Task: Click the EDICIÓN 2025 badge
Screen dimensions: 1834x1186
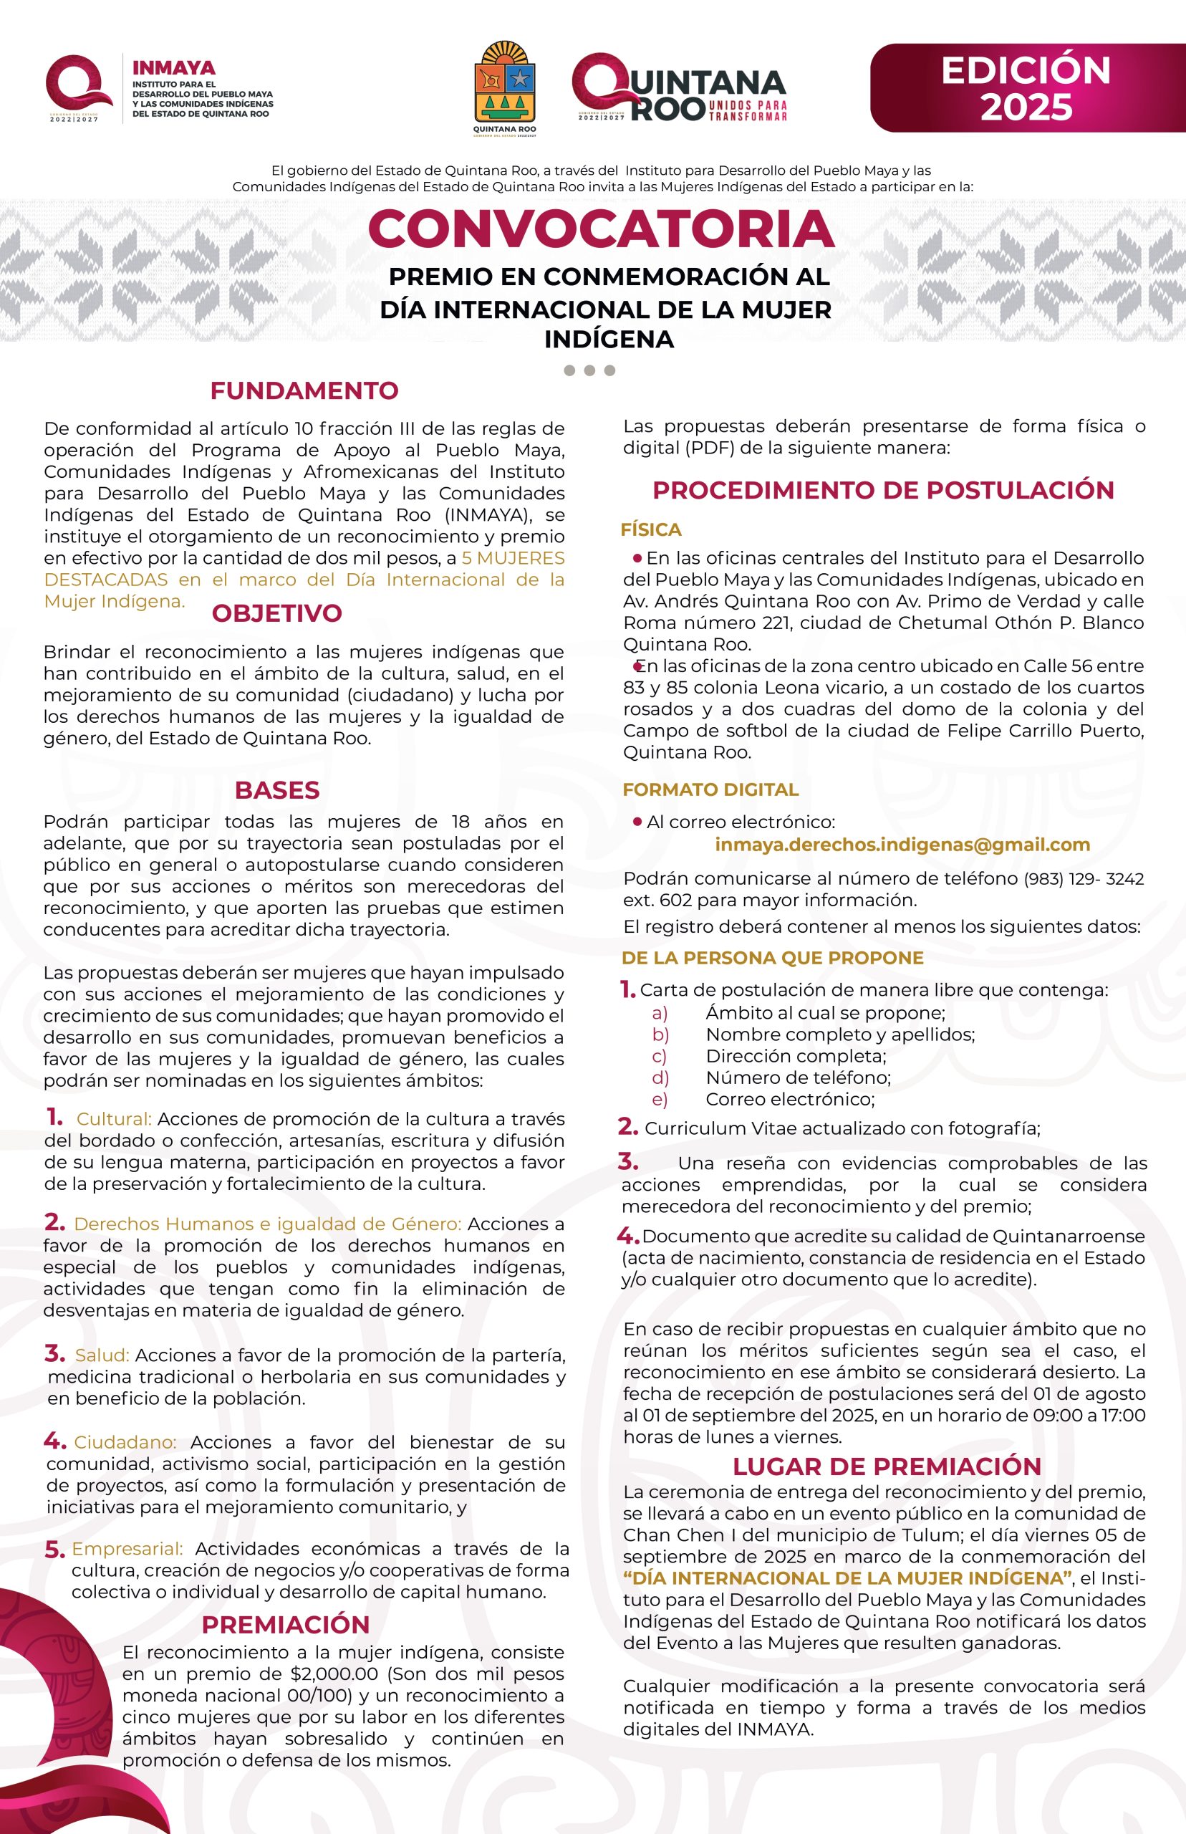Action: pyautogui.click(x=1026, y=88)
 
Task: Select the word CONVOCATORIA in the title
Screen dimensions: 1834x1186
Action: pyautogui.click(x=602, y=229)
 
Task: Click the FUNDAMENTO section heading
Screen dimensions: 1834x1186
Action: pyautogui.click(x=304, y=390)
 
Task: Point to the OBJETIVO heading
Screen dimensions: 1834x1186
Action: pyautogui.click(x=276, y=613)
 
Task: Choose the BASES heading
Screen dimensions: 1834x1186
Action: pyautogui.click(x=276, y=789)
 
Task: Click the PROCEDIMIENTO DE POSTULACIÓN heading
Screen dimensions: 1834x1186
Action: pyautogui.click(x=883, y=490)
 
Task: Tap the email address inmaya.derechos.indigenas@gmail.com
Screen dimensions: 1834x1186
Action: pyautogui.click(x=902, y=844)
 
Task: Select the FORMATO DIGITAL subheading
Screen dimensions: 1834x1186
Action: pyautogui.click(x=710, y=789)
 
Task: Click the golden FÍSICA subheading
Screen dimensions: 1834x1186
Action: pyautogui.click(x=651, y=530)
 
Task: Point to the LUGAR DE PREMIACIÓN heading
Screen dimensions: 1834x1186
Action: pyautogui.click(x=887, y=1466)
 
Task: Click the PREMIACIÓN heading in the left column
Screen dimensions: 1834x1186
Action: pyautogui.click(x=286, y=1625)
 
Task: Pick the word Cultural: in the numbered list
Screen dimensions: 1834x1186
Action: pyautogui.click(x=114, y=1118)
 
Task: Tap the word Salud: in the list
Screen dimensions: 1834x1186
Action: pyautogui.click(x=102, y=1355)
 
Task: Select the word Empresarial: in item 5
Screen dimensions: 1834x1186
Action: pyautogui.click(x=127, y=1548)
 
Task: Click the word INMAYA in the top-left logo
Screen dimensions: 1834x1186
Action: pyautogui.click(x=174, y=69)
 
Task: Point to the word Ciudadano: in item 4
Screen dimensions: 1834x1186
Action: pyautogui.click(x=125, y=1442)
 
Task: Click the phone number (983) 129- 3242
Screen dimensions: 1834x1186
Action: pyautogui.click(x=1084, y=878)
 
